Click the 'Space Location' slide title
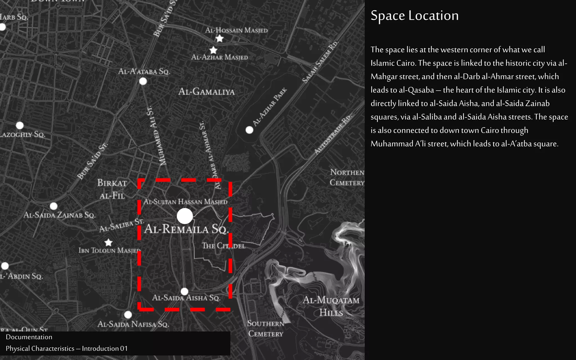(x=415, y=16)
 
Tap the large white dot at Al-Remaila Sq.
(x=185, y=216)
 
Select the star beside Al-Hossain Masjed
(x=219, y=39)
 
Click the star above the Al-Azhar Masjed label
(x=213, y=50)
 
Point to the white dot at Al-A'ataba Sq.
(x=143, y=81)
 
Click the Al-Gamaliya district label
(x=206, y=92)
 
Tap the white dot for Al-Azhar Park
(x=249, y=130)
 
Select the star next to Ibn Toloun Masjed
(x=108, y=242)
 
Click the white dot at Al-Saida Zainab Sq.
(x=53, y=206)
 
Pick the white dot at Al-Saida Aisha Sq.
(x=184, y=291)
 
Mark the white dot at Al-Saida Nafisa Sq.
(x=128, y=314)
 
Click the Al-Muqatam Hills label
(x=331, y=306)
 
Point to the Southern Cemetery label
(x=266, y=328)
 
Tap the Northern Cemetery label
(x=347, y=177)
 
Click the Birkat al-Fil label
(x=112, y=189)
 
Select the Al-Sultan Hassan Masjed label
(x=185, y=202)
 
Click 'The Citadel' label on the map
(x=224, y=246)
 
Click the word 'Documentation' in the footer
(x=29, y=337)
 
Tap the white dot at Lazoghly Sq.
(x=20, y=125)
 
